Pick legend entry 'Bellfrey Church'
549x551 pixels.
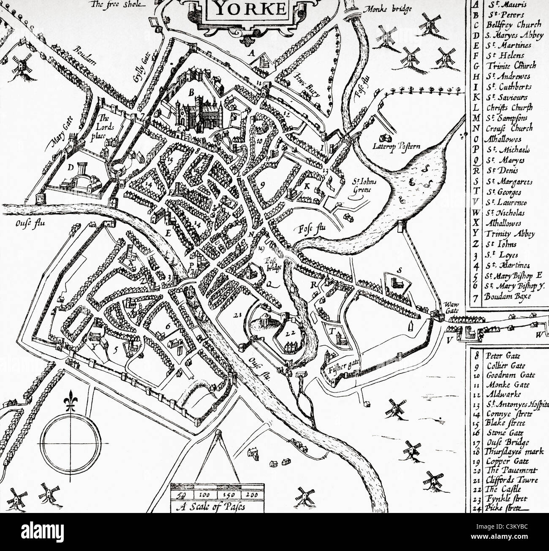pos(507,25)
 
